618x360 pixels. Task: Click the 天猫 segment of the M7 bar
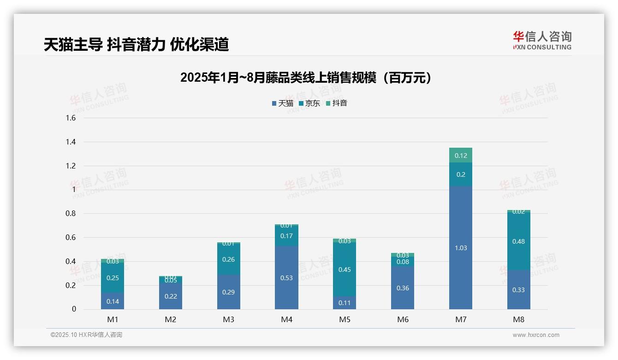click(x=460, y=248)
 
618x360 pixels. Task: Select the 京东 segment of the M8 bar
click(x=518, y=241)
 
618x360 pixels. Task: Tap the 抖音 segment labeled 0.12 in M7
click(x=460, y=156)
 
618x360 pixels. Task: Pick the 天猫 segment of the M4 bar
click(x=286, y=278)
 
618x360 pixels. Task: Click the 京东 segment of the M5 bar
click(x=345, y=270)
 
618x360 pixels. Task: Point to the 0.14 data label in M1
click(x=113, y=301)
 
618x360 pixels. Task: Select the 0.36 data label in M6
click(x=403, y=288)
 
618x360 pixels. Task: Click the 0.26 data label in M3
click(x=228, y=259)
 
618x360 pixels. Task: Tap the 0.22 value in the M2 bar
click(x=171, y=296)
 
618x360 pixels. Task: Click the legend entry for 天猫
click(x=283, y=103)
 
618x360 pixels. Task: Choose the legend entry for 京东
click(x=309, y=103)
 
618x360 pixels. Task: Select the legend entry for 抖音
click(x=337, y=103)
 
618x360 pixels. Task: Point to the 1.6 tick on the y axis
click(x=71, y=118)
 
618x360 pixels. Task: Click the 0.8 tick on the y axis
click(x=71, y=214)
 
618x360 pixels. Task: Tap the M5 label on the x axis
click(x=345, y=319)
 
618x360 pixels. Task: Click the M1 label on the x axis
click(x=113, y=319)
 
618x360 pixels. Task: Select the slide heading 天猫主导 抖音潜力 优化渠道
click(x=136, y=44)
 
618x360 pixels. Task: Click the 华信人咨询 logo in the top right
click(x=542, y=40)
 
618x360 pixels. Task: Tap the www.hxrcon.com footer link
click(x=535, y=335)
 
